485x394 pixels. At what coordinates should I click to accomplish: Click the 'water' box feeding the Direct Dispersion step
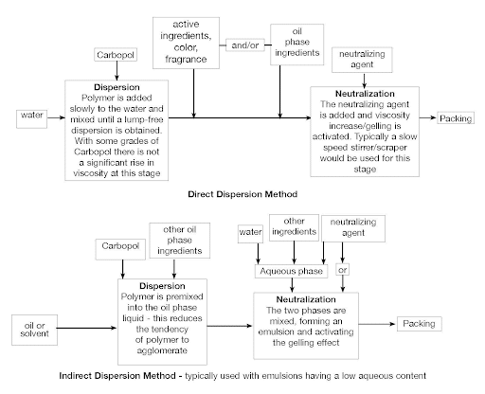pos(31,119)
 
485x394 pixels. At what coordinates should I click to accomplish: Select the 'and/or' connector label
pos(245,45)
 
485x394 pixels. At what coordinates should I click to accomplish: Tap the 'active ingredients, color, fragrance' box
pos(186,43)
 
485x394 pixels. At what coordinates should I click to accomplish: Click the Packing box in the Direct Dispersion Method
pos(456,118)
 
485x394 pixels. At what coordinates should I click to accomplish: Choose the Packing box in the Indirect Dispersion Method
pos(419,324)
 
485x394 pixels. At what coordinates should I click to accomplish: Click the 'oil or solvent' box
pos(34,330)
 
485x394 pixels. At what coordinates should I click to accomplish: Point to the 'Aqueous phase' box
pos(291,271)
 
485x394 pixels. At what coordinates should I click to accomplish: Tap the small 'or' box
pos(343,270)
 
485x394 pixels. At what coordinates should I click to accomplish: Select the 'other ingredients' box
pos(294,227)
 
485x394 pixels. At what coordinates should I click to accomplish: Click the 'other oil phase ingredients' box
pos(179,241)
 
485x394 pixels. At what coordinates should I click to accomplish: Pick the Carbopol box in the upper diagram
pos(116,55)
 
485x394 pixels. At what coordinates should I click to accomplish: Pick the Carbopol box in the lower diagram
pos(120,249)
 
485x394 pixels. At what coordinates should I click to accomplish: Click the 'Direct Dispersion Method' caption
pos(242,194)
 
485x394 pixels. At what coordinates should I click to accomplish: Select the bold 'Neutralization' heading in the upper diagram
pos(365,94)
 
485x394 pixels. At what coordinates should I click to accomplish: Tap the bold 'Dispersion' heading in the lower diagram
pos(162,286)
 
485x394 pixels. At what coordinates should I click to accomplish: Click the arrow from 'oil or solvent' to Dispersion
pos(87,328)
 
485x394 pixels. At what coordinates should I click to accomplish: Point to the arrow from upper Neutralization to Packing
pos(428,117)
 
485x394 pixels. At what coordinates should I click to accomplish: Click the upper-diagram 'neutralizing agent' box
pos(362,60)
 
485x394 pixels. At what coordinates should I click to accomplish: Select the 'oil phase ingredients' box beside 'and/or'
pos(296,45)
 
